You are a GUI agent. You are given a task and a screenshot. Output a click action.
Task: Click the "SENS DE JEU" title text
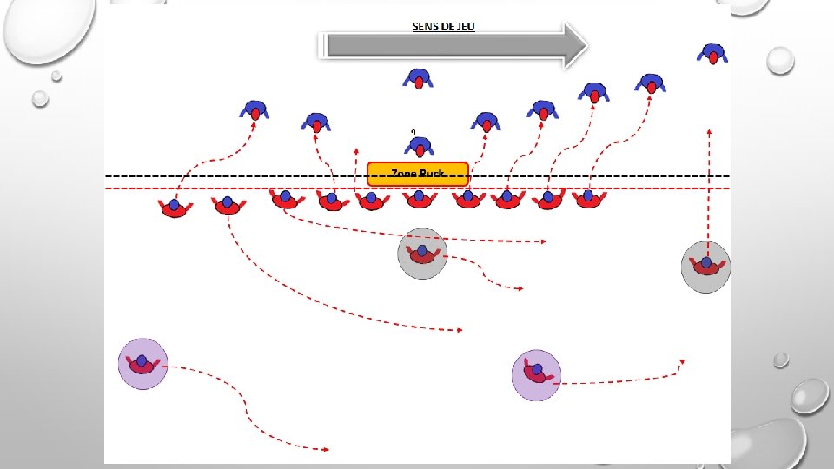pyautogui.click(x=443, y=26)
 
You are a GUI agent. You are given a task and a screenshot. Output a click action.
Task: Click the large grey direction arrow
pyautogui.click(x=452, y=46)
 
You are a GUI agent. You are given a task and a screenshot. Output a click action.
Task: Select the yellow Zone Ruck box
pyautogui.click(x=418, y=174)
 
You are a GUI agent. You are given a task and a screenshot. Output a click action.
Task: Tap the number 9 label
pyautogui.click(x=414, y=132)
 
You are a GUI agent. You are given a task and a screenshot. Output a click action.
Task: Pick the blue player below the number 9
pyautogui.click(x=420, y=149)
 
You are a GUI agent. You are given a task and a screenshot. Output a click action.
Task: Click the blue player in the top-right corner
pyautogui.click(x=712, y=56)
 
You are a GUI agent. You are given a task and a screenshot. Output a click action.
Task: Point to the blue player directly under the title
pyautogui.click(x=418, y=80)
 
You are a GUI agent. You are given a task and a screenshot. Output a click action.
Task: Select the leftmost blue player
pyautogui.click(x=255, y=110)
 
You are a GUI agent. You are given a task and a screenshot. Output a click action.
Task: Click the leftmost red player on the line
pyautogui.click(x=175, y=208)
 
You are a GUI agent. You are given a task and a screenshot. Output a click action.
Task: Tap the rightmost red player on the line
pyautogui.click(x=589, y=199)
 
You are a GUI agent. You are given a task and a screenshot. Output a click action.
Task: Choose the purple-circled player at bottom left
pyautogui.click(x=142, y=363)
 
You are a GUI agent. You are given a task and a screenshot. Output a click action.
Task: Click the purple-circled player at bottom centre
pyautogui.click(x=537, y=373)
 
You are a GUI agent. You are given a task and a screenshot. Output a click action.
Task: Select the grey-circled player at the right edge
pyautogui.click(x=705, y=266)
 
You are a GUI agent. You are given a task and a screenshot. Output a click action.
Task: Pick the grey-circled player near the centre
pyautogui.click(x=422, y=254)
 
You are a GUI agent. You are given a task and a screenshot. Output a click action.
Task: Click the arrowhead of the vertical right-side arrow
pyautogui.click(x=710, y=132)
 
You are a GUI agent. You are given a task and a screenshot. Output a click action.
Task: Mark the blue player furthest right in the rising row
pyautogui.click(x=651, y=83)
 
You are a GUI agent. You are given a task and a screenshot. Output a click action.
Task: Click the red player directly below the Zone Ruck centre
pyautogui.click(x=420, y=199)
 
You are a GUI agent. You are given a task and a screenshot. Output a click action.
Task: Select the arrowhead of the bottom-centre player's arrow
pyautogui.click(x=682, y=360)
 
